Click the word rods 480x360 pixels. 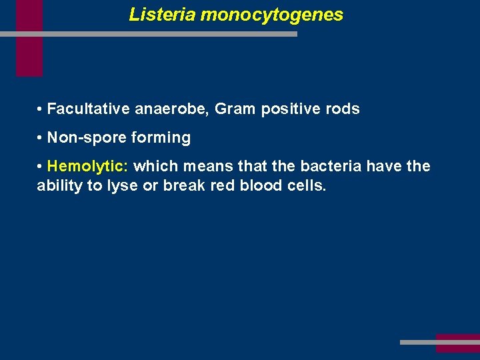click(344, 109)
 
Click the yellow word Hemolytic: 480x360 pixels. click(88, 166)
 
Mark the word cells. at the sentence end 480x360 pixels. click(308, 185)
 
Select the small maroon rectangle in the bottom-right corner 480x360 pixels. click(457, 343)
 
